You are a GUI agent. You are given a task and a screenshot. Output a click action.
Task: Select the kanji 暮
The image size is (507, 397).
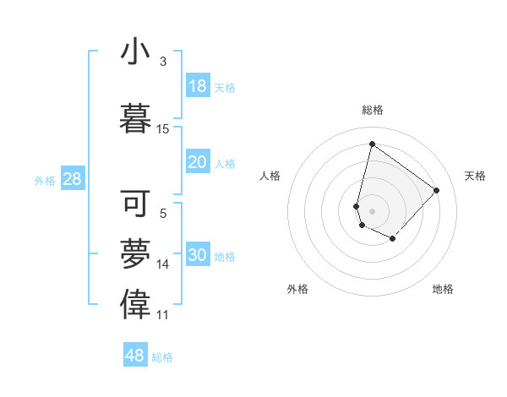click(x=135, y=117)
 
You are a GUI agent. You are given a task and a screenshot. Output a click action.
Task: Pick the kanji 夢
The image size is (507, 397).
click(x=135, y=253)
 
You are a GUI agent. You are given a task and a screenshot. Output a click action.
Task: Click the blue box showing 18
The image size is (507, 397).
click(x=197, y=86)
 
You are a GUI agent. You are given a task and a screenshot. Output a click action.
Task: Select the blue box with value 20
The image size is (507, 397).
click(x=197, y=162)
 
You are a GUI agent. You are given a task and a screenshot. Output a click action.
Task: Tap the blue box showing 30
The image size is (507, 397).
click(x=197, y=255)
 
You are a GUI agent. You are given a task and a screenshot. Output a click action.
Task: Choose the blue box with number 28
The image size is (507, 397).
click(x=72, y=179)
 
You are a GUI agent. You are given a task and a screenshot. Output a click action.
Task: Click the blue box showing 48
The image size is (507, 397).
click(x=135, y=356)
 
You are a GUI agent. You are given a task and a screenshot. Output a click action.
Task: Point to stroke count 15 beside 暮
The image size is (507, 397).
click(x=163, y=129)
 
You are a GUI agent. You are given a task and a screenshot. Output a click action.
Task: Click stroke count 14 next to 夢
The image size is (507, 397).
click(x=163, y=264)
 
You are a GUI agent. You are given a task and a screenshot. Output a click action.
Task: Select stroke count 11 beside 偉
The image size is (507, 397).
click(x=163, y=315)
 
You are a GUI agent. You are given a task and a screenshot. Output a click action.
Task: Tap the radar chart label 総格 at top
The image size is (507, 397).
click(x=373, y=110)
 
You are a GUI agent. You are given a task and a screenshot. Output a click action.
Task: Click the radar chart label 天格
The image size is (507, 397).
click(x=475, y=176)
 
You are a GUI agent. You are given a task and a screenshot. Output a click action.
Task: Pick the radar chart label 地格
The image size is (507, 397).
click(x=443, y=289)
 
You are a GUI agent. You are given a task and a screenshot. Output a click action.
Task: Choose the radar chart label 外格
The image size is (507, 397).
click(x=297, y=289)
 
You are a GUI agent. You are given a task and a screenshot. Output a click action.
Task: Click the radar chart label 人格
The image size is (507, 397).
click(x=270, y=176)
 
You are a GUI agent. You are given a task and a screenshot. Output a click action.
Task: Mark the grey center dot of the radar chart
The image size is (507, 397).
click(x=372, y=210)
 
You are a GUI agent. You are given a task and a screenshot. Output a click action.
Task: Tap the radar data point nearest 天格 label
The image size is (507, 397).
click(x=436, y=190)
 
